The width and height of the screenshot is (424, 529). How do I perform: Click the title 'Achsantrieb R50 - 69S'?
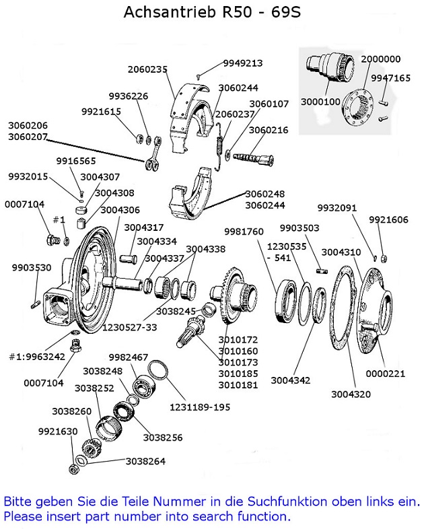[212, 13]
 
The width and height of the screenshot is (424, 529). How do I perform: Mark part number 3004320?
[351, 394]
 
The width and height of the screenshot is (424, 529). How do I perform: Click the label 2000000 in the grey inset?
[381, 59]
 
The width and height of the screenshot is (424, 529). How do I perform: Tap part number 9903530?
[32, 268]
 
